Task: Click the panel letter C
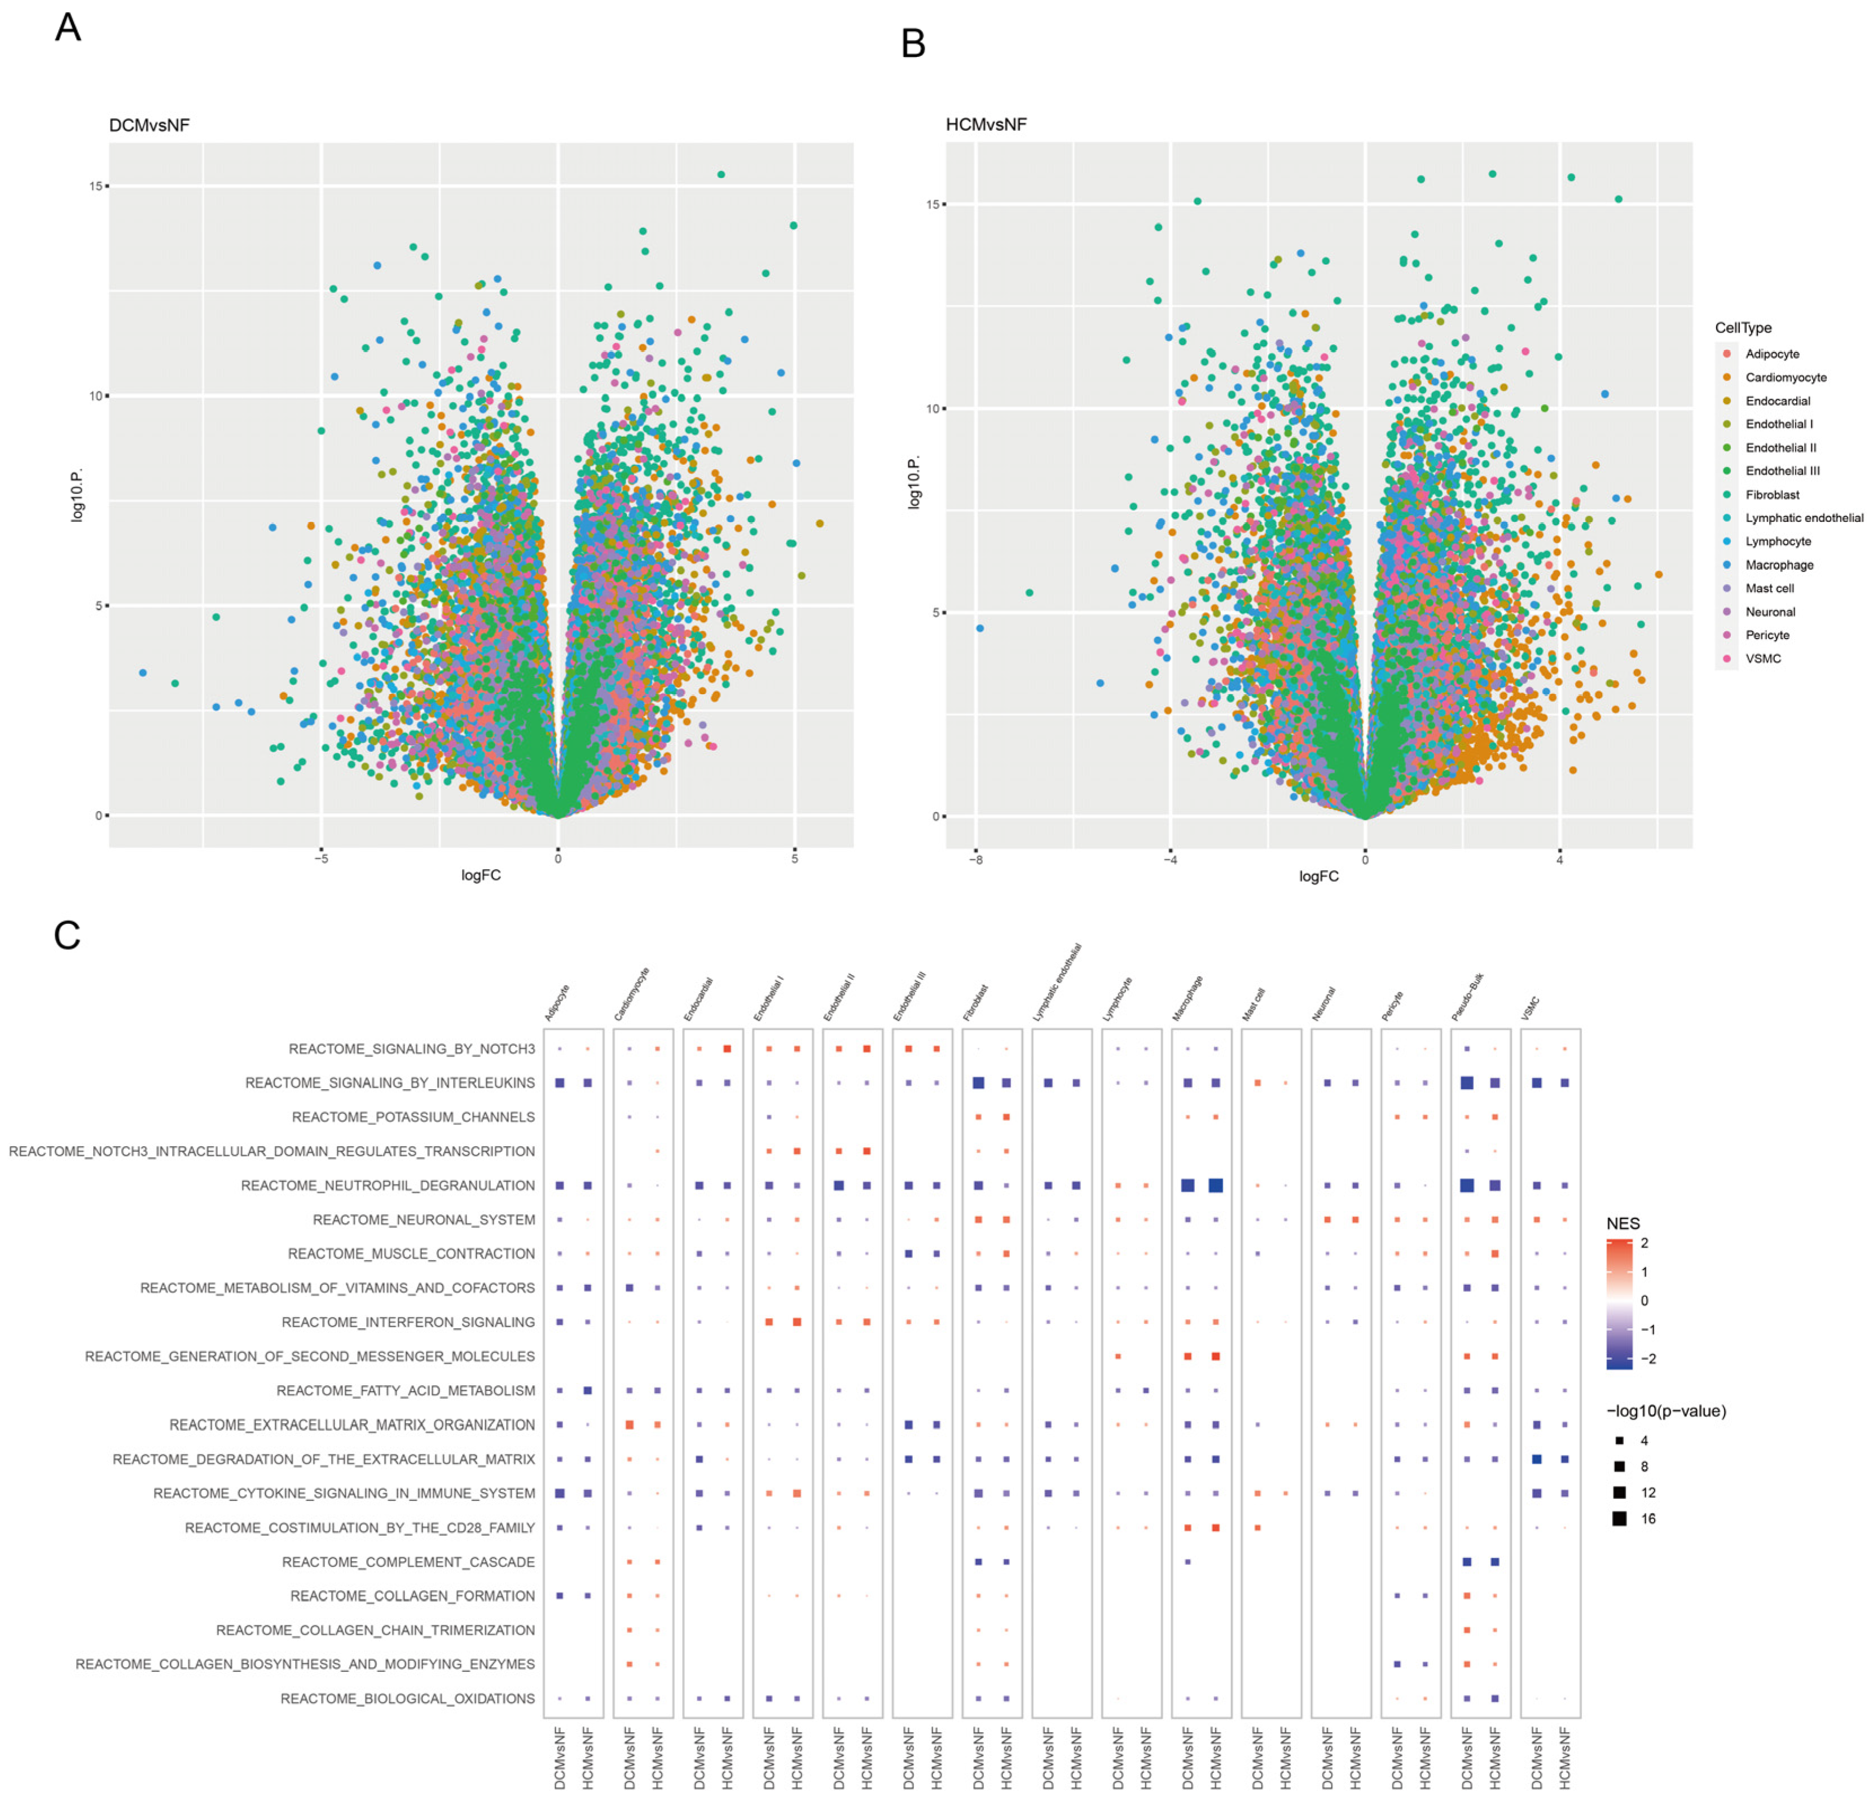point(67,935)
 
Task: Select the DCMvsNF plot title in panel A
point(149,125)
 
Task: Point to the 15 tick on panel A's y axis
point(95,186)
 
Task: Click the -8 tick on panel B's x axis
point(975,859)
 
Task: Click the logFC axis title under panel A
point(481,875)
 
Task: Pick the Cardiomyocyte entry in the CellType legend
point(1785,377)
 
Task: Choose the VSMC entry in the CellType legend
point(1762,658)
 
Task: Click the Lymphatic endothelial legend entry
point(1803,518)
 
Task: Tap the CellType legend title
point(1743,328)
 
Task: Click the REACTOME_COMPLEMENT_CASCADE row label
point(408,1561)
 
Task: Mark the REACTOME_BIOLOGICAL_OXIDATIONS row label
point(407,1698)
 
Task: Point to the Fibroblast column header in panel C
point(975,1003)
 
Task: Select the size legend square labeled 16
point(1619,1518)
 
